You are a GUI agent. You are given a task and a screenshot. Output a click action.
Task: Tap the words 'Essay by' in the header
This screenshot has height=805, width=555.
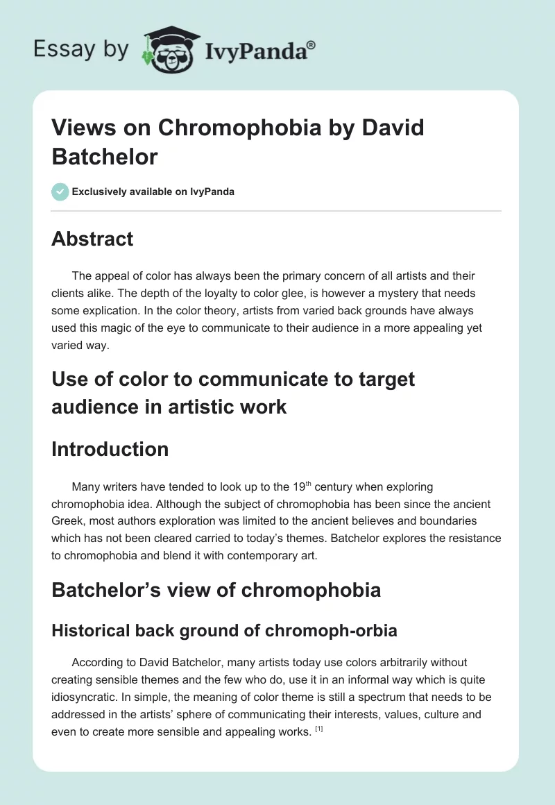pyautogui.click(x=80, y=49)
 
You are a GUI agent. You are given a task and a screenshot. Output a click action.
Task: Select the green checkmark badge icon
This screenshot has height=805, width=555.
pyautogui.click(x=60, y=192)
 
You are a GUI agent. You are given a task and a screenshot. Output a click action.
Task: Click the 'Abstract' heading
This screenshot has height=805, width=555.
pyautogui.click(x=92, y=239)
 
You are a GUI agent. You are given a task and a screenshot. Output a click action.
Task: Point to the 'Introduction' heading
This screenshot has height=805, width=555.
pyautogui.click(x=110, y=449)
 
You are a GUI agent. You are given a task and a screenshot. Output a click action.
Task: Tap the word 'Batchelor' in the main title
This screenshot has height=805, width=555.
pyautogui.click(x=105, y=157)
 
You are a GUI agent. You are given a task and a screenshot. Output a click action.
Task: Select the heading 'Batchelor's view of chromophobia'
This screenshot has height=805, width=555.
pyautogui.click(x=216, y=590)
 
